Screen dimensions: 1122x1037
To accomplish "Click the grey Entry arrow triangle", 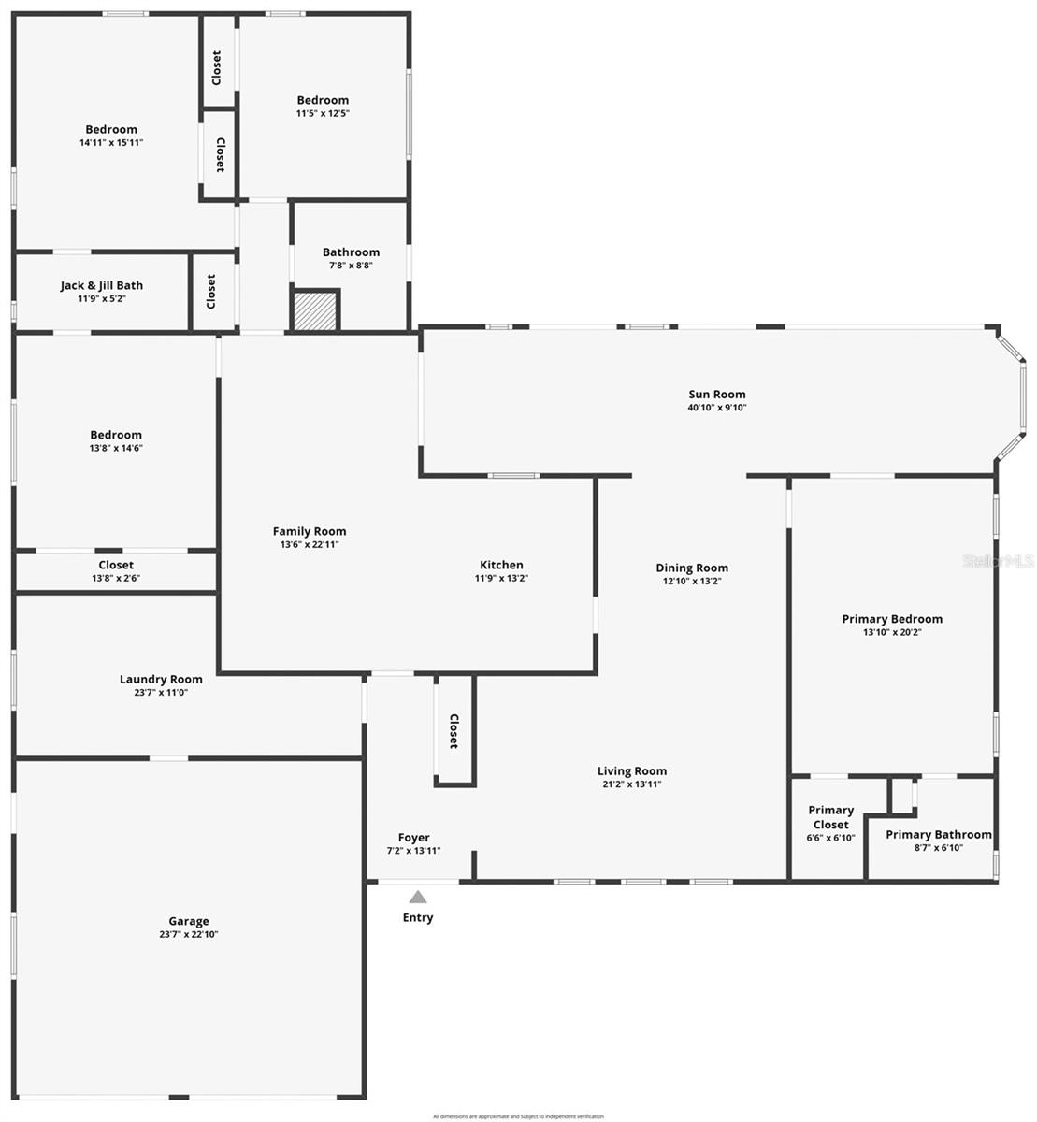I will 418,897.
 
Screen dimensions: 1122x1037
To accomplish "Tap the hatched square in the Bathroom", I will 315,309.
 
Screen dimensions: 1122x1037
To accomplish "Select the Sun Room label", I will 716,395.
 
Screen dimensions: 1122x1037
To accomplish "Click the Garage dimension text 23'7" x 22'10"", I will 189,934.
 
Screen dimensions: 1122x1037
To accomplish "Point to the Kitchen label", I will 501,565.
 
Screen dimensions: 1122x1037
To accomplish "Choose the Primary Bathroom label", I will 938,835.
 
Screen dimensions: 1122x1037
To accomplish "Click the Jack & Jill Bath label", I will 102,285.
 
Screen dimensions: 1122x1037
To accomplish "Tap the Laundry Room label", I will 161,680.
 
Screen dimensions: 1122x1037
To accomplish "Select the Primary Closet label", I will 830,817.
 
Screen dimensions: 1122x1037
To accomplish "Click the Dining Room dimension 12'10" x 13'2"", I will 692,581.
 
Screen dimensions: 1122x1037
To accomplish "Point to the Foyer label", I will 413,838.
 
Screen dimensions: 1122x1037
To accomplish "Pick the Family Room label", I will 310,531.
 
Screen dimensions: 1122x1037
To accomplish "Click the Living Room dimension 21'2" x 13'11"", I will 632,784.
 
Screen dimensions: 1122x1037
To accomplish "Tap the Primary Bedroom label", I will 892,619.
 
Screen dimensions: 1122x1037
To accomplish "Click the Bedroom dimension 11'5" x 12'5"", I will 323,113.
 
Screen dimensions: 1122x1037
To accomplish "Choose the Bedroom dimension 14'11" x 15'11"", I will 111,143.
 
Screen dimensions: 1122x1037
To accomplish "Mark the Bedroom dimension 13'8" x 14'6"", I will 116,448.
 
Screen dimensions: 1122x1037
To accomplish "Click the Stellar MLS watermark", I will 999,561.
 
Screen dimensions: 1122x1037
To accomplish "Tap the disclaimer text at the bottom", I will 518,1116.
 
